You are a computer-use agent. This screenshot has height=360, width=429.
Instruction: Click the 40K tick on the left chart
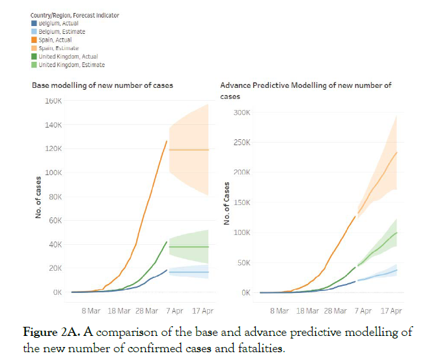(53, 244)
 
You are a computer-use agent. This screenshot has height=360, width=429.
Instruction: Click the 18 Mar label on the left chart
(119, 311)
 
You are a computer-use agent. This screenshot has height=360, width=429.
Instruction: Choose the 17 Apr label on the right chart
(390, 311)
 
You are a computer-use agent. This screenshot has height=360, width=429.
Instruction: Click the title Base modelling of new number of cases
(103, 86)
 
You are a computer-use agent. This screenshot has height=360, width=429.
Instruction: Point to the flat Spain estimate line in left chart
(189, 150)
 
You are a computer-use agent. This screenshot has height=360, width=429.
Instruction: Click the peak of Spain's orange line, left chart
(167, 141)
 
